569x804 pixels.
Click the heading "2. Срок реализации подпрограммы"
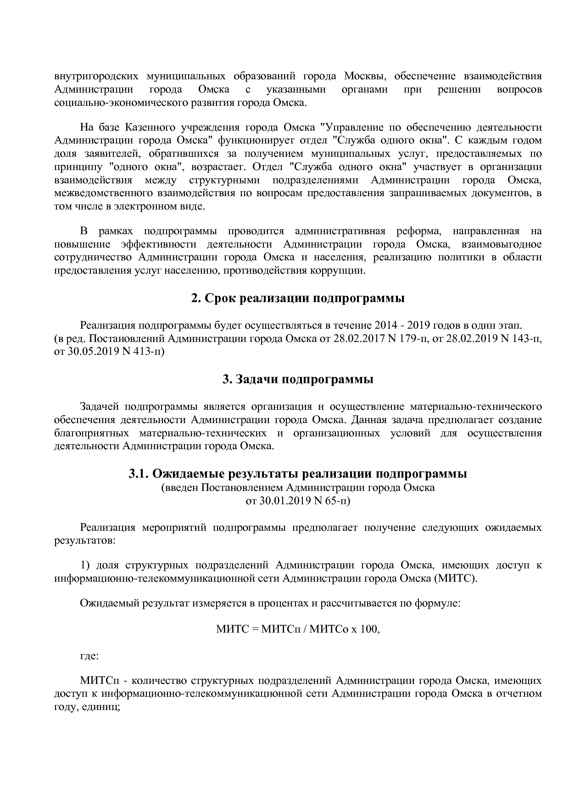pyautogui.click(x=297, y=298)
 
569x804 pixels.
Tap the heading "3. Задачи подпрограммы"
pyautogui.click(x=297, y=380)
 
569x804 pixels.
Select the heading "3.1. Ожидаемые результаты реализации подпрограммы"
pyautogui.click(x=297, y=474)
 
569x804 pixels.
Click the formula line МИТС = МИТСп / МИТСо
pyautogui.click(x=298, y=629)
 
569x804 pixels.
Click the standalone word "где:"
pyautogui.click(x=89, y=655)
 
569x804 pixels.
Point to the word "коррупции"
pyautogui.click(x=343, y=270)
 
